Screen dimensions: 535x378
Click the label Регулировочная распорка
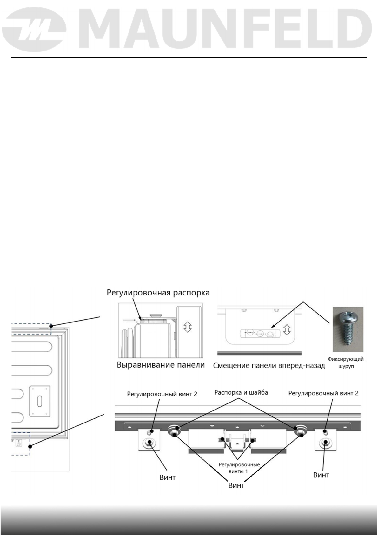point(158,293)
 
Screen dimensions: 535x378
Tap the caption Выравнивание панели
point(161,365)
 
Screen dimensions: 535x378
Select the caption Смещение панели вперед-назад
point(269,366)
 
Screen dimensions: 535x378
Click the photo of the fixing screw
point(348,329)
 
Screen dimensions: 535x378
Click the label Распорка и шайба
point(241,393)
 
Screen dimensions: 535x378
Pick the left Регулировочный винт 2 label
point(162,394)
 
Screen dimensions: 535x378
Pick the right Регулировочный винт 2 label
point(323,393)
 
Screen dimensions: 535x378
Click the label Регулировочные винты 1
point(239,468)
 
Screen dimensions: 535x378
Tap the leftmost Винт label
point(168,477)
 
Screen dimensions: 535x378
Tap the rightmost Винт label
point(321,475)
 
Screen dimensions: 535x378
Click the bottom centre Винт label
point(236,485)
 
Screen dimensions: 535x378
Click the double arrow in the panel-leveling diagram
point(188,327)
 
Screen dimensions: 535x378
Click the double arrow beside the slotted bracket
point(287,330)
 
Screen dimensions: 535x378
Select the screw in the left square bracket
point(149,442)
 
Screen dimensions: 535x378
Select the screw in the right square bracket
point(325,442)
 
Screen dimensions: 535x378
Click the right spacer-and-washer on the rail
point(300,430)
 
